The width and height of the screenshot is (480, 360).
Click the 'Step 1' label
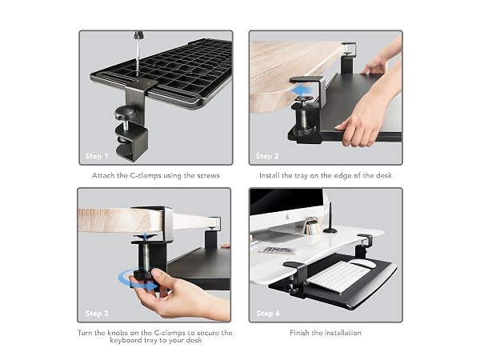pos(97,156)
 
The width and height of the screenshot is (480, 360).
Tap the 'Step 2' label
pos(267,156)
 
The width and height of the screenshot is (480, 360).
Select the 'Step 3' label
pos(97,314)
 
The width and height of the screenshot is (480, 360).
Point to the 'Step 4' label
pos(268,314)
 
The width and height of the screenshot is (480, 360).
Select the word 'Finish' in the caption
pos(299,333)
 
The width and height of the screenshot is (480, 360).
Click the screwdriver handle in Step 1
pos(138,34)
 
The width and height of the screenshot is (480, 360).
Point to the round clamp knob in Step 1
pos(125,113)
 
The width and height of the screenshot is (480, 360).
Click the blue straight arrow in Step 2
pos(302,91)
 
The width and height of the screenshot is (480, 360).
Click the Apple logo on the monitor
pos(287,218)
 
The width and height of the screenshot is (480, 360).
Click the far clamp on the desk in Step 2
pos(348,58)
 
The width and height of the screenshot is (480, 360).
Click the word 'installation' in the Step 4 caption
pos(343,333)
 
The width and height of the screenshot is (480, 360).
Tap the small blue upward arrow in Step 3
pos(146,236)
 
